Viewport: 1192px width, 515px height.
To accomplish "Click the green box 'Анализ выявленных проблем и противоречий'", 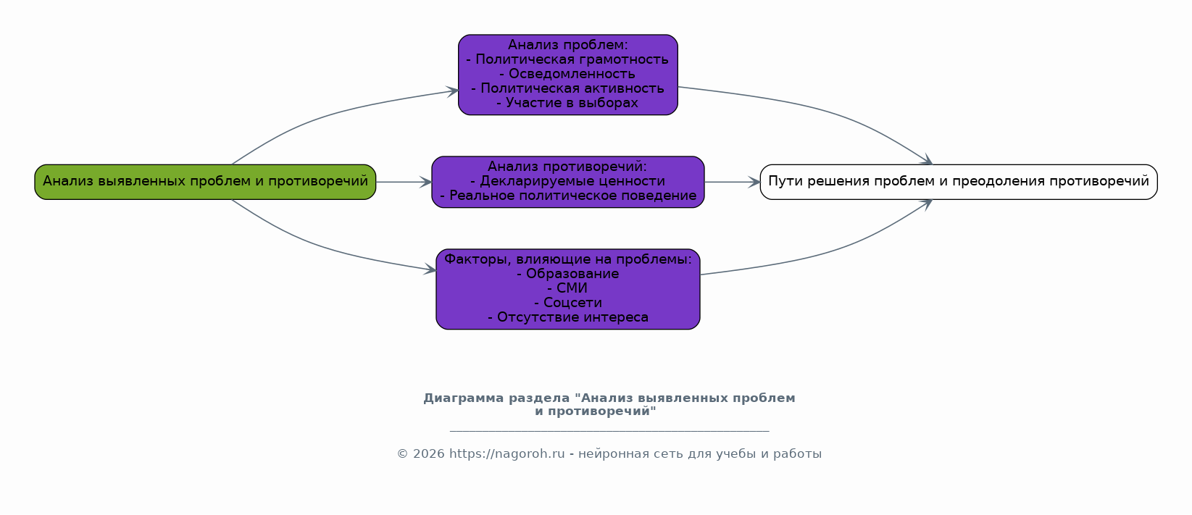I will click(205, 182).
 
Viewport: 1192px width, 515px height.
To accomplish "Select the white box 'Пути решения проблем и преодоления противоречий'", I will click(958, 182).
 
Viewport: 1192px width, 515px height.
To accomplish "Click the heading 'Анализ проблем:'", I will click(567, 45).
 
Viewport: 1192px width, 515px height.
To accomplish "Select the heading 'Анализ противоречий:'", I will click(567, 167).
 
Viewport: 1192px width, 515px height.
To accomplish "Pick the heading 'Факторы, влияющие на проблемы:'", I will click(567, 259).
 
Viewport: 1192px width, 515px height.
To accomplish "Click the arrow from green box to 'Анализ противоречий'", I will click(404, 182).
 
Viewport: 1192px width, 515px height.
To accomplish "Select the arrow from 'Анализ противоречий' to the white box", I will click(732, 182).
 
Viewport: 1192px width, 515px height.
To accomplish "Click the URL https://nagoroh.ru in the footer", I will click(507, 454).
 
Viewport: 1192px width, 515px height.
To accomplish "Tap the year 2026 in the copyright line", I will click(428, 454).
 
